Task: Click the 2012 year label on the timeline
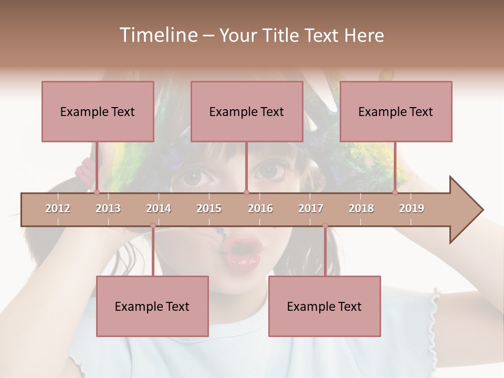pyautogui.click(x=58, y=208)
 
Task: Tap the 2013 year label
pyautogui.click(x=108, y=208)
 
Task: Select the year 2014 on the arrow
pyautogui.click(x=159, y=208)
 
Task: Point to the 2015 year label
pyautogui.click(x=209, y=208)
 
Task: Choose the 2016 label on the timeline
pyautogui.click(x=260, y=208)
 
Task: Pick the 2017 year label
pyautogui.click(x=311, y=208)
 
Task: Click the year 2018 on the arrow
pyautogui.click(x=361, y=208)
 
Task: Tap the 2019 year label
pyautogui.click(x=412, y=208)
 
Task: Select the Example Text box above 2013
pyautogui.click(x=98, y=111)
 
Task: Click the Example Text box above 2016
pyautogui.click(x=247, y=111)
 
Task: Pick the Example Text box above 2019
pyautogui.click(x=396, y=111)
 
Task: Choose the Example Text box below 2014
pyautogui.click(x=152, y=306)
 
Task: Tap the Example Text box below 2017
pyautogui.click(x=324, y=306)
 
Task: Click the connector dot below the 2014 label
pyautogui.click(x=153, y=226)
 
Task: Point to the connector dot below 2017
pyautogui.click(x=325, y=226)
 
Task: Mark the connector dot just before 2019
pyautogui.click(x=395, y=192)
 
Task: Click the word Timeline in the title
pyautogui.click(x=157, y=35)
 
